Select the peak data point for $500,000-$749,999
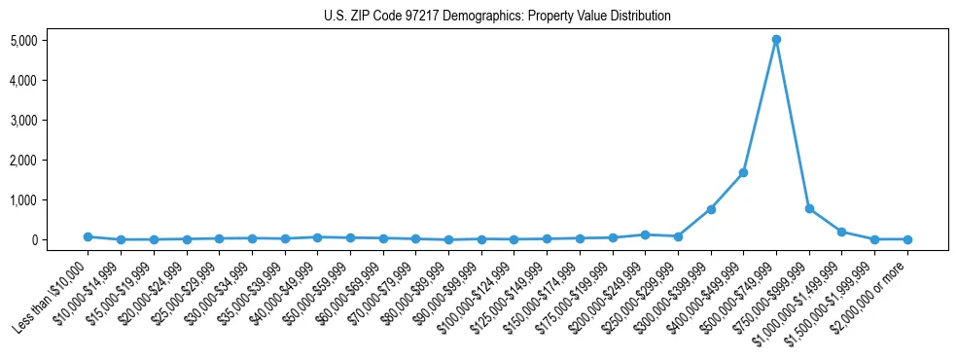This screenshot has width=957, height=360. (776, 40)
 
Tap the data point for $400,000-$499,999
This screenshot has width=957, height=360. (743, 172)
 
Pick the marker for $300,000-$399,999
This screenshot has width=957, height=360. (711, 209)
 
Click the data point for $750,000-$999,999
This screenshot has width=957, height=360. (809, 208)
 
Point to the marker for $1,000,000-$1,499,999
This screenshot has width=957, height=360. (841, 232)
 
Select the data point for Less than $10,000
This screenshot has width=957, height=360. (88, 236)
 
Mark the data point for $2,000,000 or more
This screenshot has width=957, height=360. (907, 239)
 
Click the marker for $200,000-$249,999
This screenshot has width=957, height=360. (645, 234)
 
